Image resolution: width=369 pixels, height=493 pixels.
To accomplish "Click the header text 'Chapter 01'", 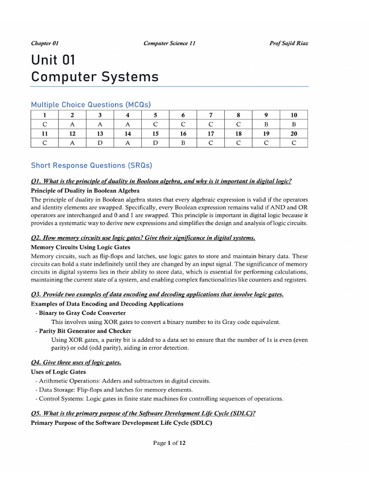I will tap(45, 43).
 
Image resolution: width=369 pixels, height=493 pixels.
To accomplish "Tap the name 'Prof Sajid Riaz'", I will tap(289, 43).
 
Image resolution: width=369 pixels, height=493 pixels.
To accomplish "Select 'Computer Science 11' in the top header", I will tap(169, 43).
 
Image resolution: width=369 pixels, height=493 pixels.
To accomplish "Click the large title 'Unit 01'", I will tap(53, 61).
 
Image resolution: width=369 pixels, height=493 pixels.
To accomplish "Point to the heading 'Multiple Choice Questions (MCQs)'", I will tap(91, 104).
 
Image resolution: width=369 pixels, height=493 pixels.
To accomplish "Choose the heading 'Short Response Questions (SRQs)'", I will tap(91, 165).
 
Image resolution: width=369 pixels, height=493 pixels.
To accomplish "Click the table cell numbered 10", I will tap(294, 115).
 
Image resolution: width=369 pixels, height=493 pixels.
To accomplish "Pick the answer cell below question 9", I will tap(266, 124).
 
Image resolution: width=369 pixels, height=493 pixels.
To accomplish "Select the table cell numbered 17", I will tap(211, 133).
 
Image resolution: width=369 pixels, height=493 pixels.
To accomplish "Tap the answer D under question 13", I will tap(100, 143).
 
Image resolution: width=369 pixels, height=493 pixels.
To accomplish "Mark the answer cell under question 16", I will tap(183, 143).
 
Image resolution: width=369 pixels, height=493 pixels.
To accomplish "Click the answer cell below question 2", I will tap(72, 124).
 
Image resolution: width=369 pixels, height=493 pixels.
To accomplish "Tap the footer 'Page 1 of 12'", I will tap(169, 443).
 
